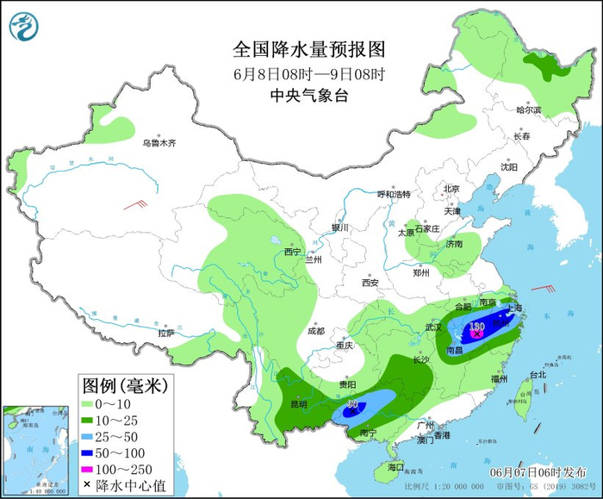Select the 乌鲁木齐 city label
(159, 143)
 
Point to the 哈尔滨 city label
(528, 110)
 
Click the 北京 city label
(451, 189)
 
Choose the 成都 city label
(315, 331)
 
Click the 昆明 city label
(297, 404)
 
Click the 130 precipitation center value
(479, 327)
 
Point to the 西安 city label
(370, 282)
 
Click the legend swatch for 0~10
(87, 403)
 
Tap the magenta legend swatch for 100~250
(87, 471)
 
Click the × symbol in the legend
(87, 487)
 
